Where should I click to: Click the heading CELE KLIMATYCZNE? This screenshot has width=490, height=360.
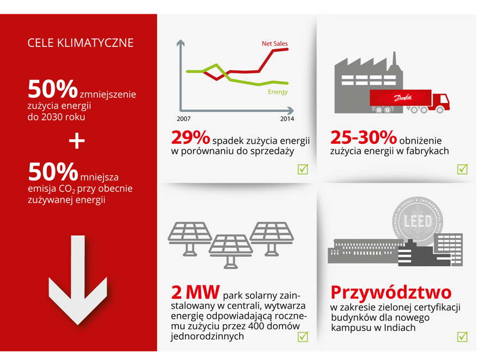coord(81,43)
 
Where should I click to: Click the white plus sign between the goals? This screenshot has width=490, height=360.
coord(77,141)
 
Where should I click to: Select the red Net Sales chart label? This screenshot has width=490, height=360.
coord(274,44)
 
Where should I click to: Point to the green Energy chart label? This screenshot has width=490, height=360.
coord(278,92)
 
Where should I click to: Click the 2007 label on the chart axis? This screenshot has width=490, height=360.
coord(183,119)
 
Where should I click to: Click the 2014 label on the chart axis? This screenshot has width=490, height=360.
coord(287,119)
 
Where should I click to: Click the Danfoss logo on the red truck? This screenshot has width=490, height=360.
coord(401,99)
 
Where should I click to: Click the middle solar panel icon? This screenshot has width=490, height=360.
coord(231,246)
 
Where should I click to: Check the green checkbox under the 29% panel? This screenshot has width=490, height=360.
coord(303,169)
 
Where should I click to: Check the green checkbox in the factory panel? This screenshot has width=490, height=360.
coord(462,169)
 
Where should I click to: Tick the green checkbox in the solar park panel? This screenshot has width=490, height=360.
coord(303,337)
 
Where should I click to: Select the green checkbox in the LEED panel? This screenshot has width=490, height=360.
coord(462,337)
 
